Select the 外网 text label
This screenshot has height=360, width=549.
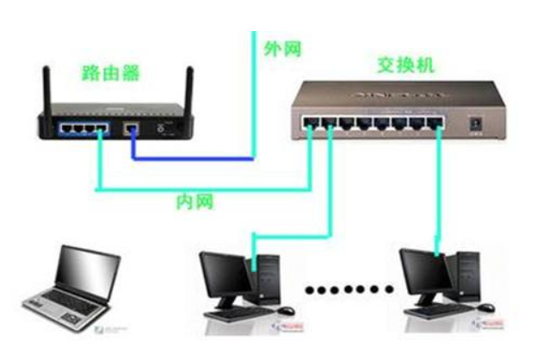284,48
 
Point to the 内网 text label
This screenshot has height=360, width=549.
194,202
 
